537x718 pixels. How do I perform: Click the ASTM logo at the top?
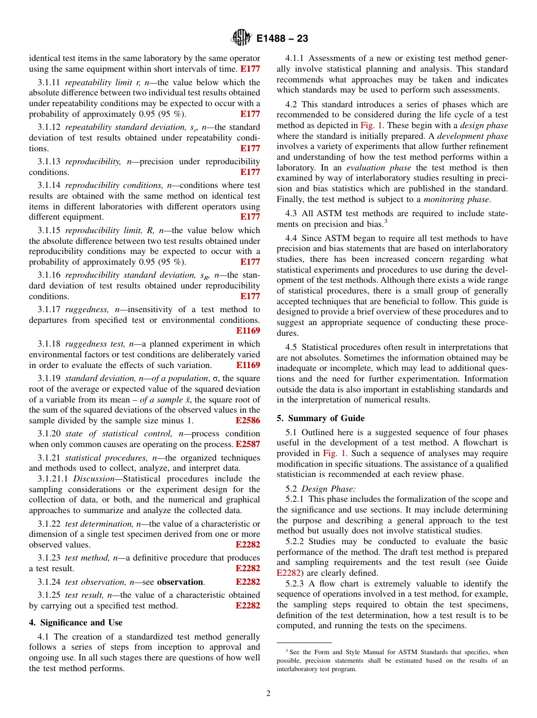pos(241,38)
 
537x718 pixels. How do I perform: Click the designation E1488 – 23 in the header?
pos(282,39)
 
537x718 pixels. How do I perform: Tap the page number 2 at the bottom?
pos(268,694)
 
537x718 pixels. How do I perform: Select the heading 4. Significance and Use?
pos(76,622)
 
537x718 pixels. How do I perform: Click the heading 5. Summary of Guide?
pos(321,418)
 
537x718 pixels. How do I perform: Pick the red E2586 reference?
pos(248,421)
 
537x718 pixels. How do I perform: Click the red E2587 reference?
pos(248,444)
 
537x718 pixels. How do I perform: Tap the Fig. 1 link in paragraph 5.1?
pos(334,453)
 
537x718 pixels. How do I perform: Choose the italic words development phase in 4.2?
pos(474,136)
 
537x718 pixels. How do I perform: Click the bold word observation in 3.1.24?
pos(180,581)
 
